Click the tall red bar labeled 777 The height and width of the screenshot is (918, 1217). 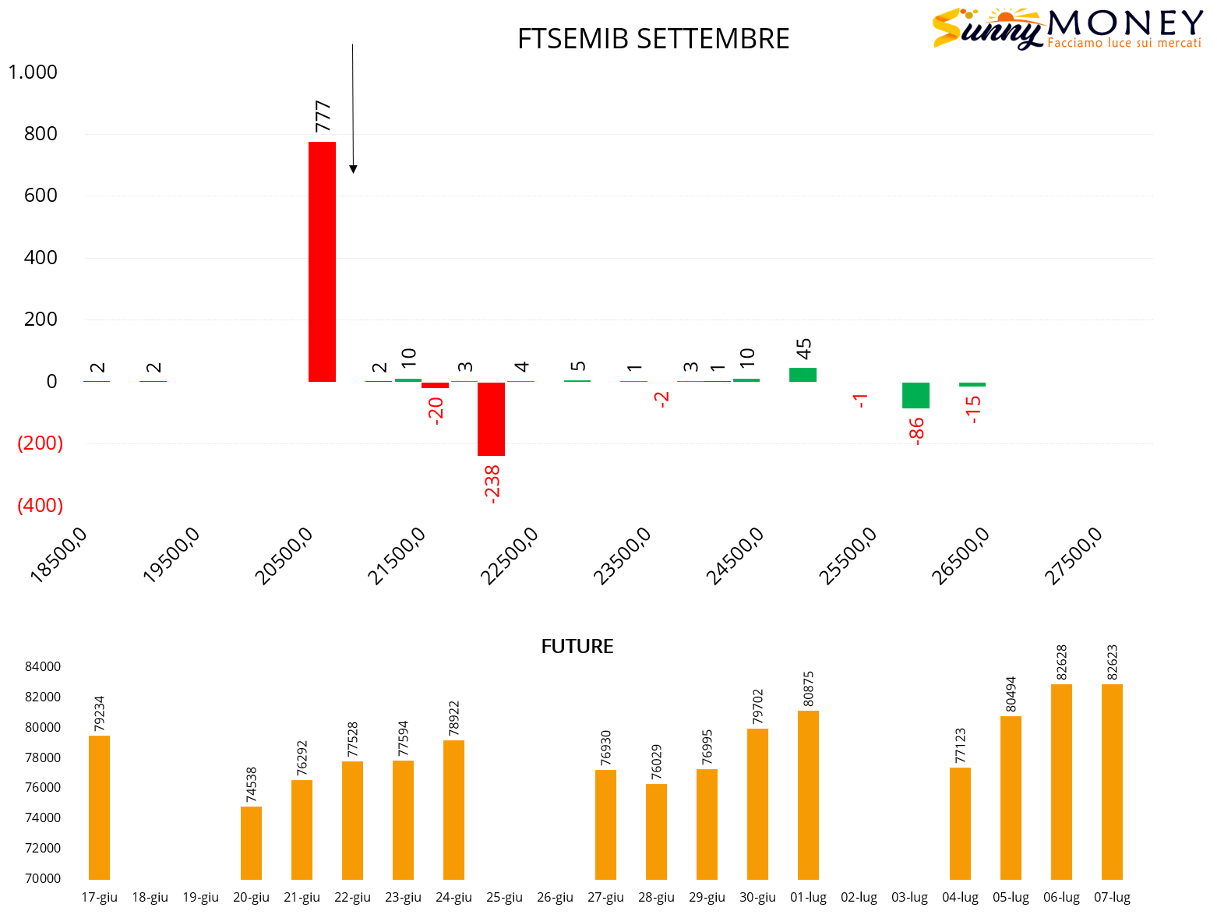(322, 262)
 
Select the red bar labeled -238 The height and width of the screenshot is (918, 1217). (491, 418)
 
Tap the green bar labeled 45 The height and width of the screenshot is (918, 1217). (803, 375)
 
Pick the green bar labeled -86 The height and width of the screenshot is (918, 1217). (915, 395)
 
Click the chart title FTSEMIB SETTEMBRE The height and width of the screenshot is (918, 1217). (653, 39)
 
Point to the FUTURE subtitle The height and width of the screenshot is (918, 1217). (577, 647)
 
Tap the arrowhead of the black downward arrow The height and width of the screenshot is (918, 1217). (353, 168)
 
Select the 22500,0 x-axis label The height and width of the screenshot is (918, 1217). (509, 556)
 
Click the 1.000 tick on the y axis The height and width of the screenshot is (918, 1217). (33, 72)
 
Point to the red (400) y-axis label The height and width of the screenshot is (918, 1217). (40, 506)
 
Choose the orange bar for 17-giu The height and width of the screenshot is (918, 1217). (99, 807)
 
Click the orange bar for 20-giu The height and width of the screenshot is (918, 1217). (251, 842)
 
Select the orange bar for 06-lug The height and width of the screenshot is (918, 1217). (1061, 782)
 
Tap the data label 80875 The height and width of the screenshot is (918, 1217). (809, 689)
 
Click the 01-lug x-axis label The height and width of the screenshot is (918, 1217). (808, 898)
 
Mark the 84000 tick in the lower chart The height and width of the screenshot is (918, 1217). (43, 667)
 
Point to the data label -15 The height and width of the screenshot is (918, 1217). (972, 409)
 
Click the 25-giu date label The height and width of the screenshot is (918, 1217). (504, 898)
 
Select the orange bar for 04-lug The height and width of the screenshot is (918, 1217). (960, 823)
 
